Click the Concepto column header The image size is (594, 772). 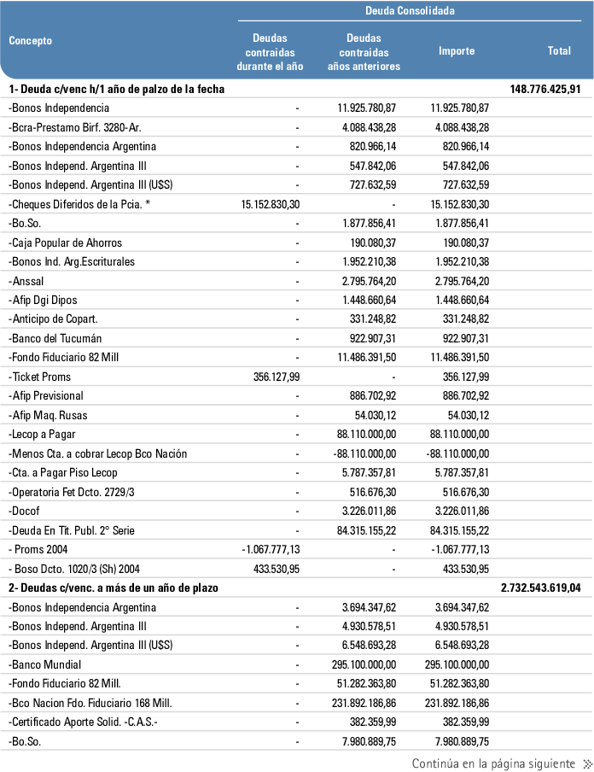31,41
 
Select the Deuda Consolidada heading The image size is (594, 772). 410,11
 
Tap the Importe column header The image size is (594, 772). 457,51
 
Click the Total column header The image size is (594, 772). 559,51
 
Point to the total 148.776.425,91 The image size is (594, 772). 544,89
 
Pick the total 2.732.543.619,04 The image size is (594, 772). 540,588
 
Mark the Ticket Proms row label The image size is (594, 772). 40,377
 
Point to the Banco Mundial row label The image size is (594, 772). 45,664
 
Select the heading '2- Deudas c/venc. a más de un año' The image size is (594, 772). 114,588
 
